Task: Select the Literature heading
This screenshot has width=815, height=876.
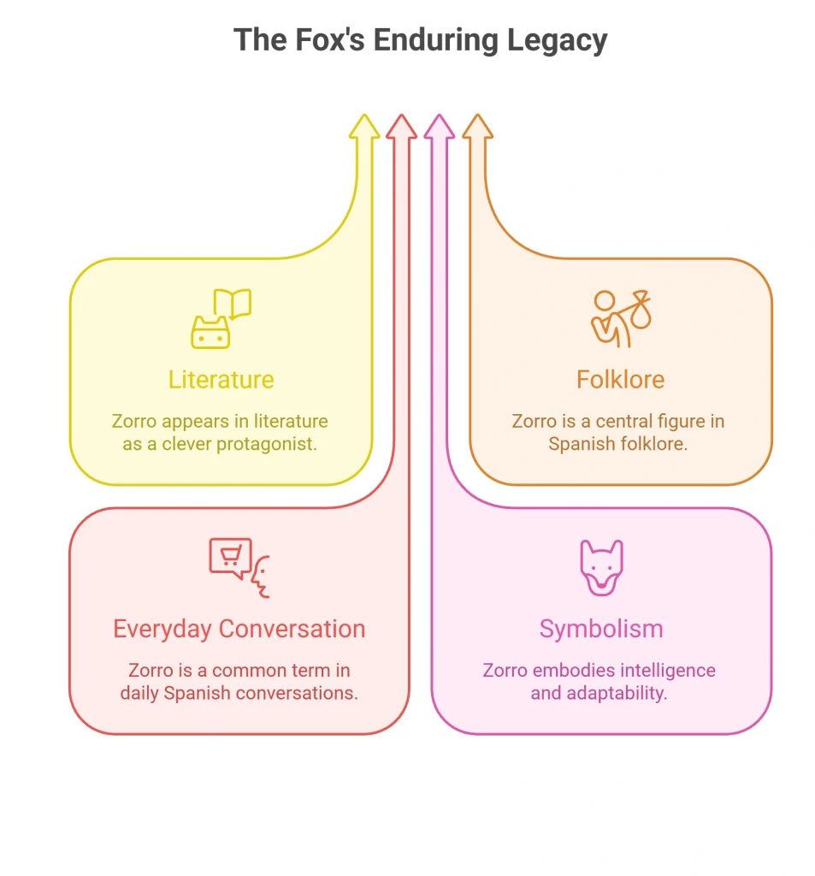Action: [221, 380]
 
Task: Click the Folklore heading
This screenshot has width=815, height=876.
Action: [620, 380]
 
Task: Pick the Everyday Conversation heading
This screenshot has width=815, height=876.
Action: [239, 629]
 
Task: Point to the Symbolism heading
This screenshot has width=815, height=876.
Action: [601, 630]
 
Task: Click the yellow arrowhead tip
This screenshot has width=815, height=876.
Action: [364, 115]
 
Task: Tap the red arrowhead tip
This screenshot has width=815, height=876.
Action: [402, 115]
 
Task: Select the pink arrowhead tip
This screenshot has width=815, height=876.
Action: [439, 115]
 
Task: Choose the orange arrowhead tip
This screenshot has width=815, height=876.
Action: [477, 115]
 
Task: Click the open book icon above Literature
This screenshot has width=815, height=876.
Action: [233, 304]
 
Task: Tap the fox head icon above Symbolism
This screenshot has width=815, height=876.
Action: [601, 568]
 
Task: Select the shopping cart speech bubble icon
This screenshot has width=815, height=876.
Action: [230, 558]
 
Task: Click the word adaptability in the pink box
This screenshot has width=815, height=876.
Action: [617, 694]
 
